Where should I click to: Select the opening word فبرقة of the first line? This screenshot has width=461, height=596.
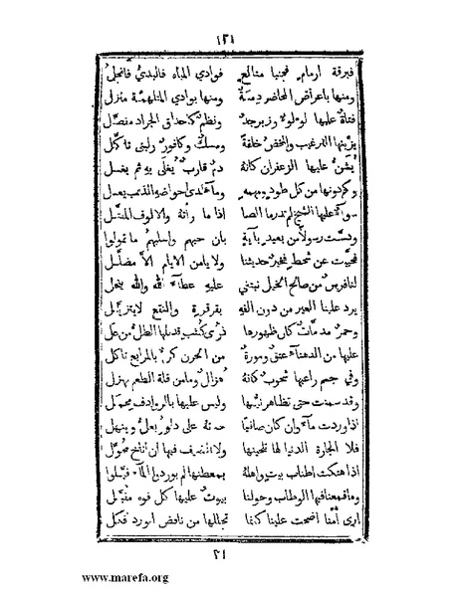[330, 69]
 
